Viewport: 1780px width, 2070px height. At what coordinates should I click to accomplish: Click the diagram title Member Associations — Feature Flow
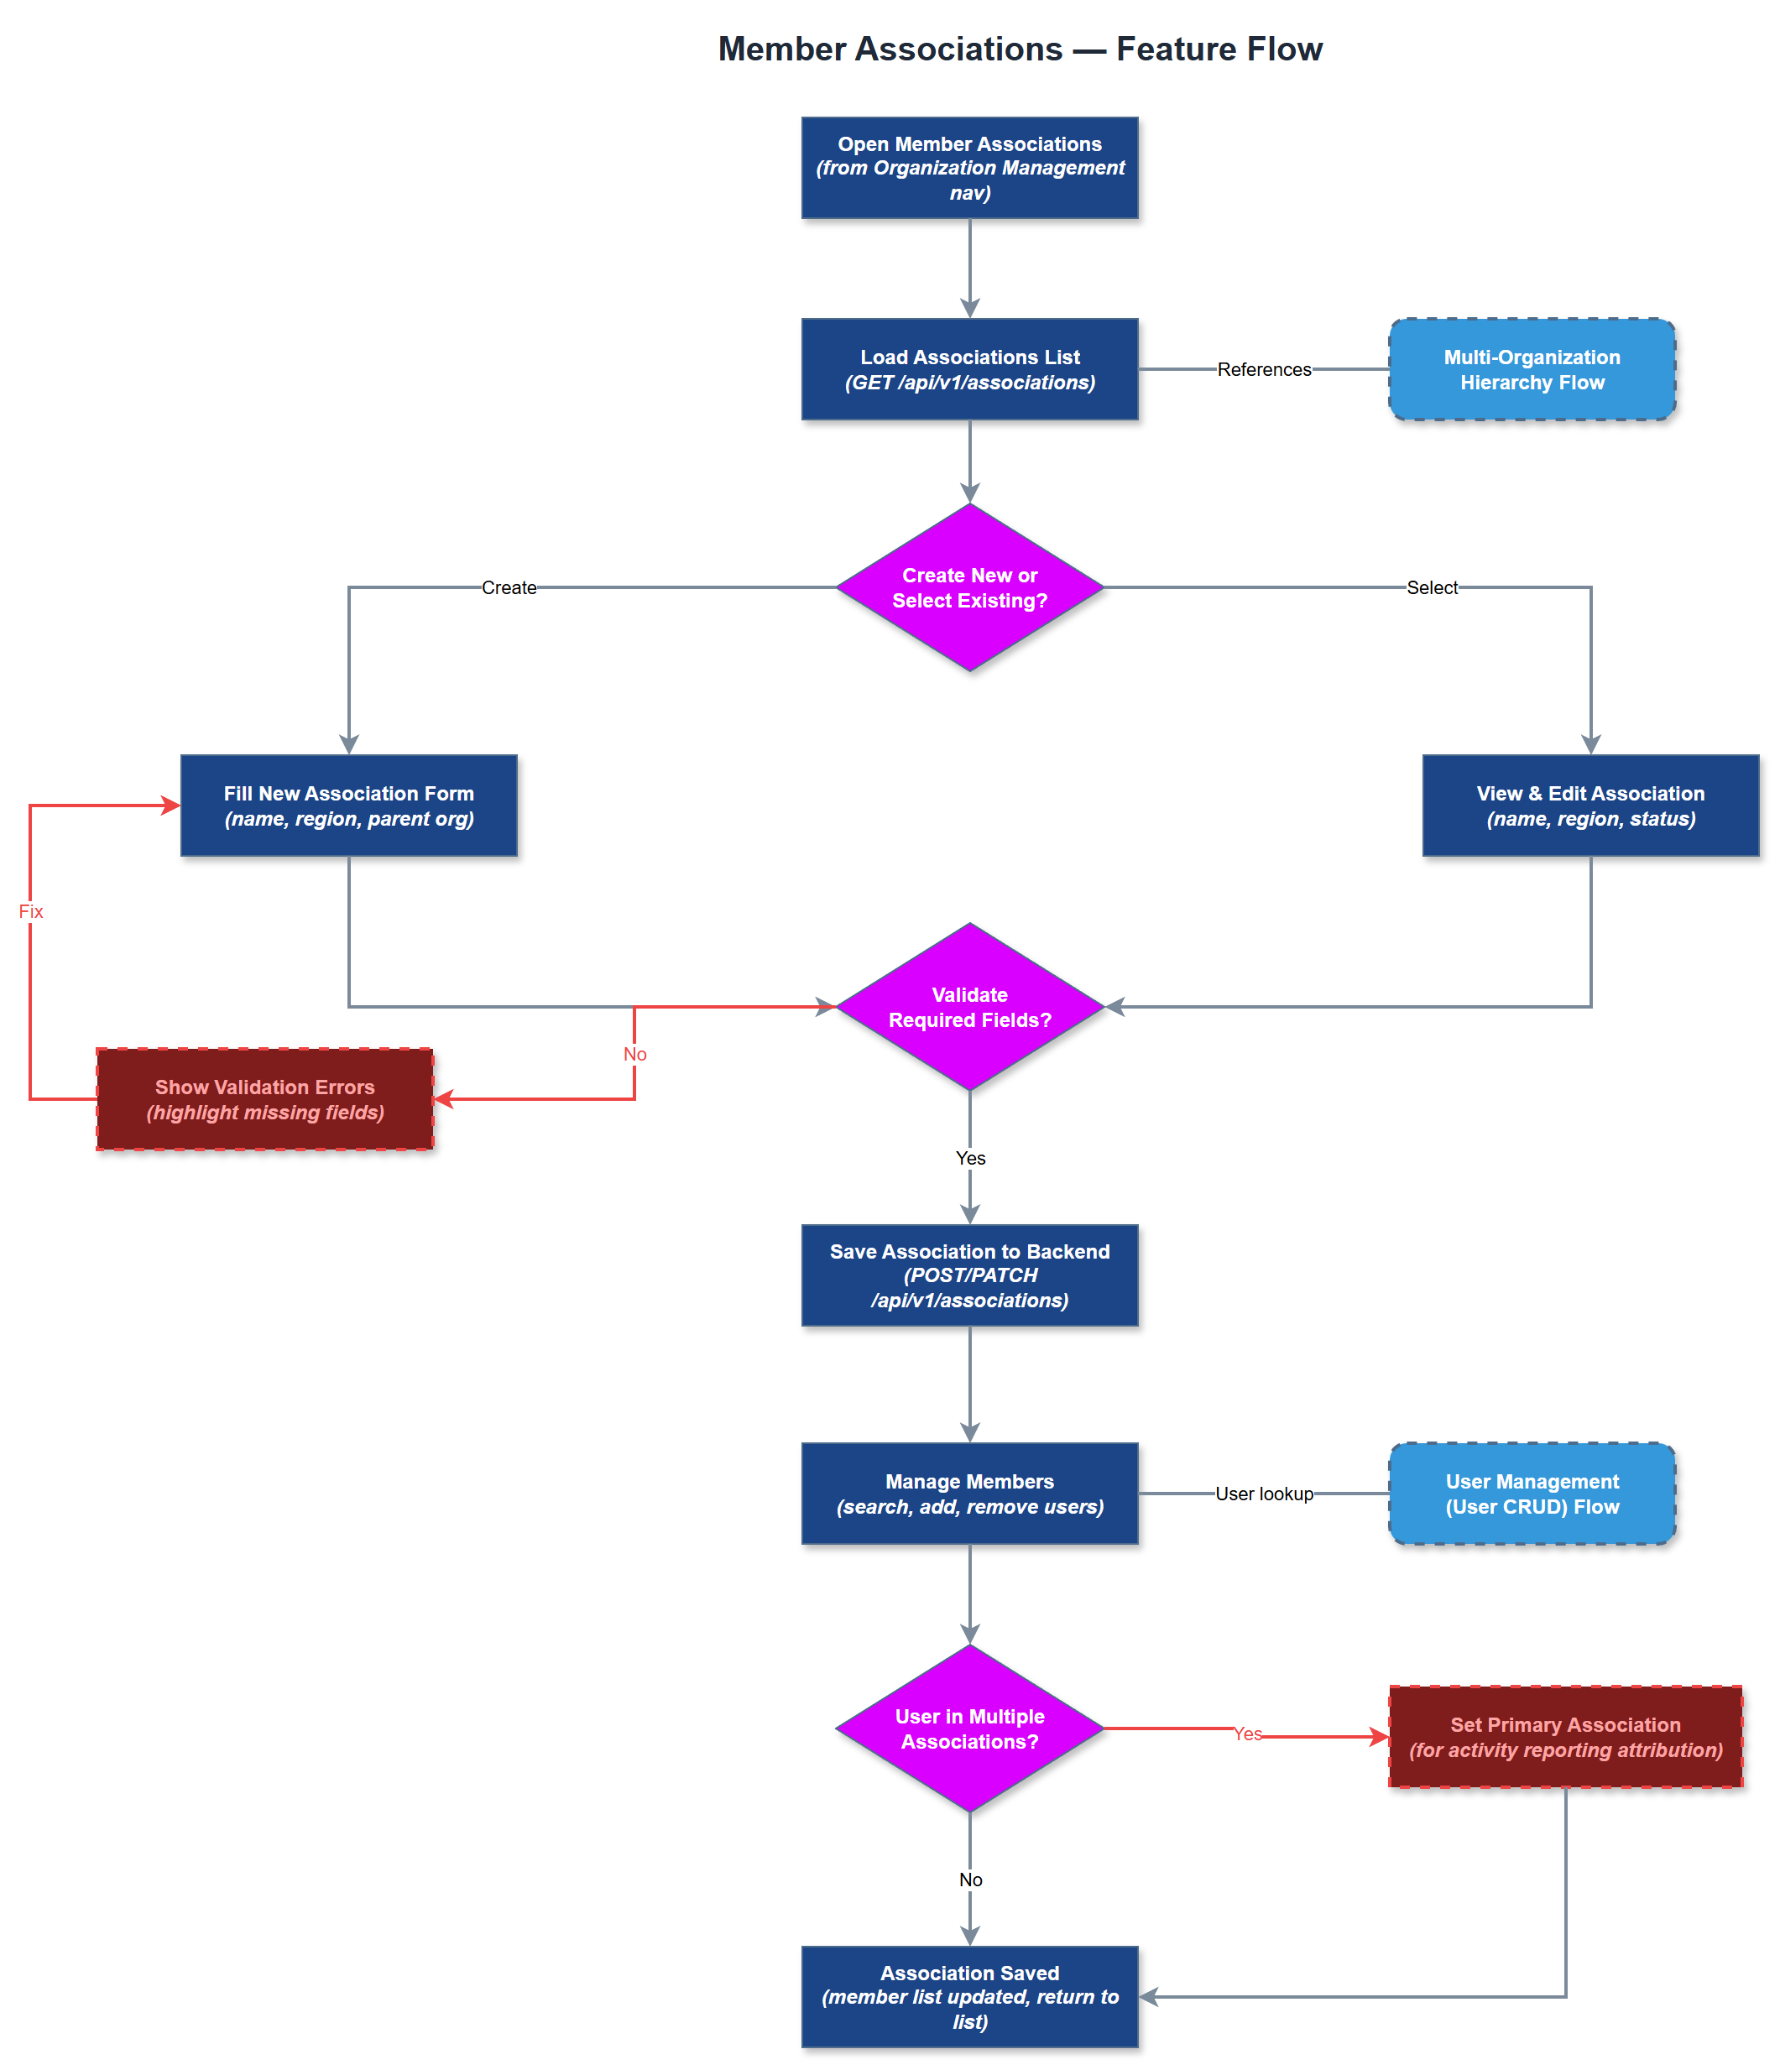point(1020,49)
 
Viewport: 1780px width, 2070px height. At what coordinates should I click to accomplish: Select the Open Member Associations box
point(969,168)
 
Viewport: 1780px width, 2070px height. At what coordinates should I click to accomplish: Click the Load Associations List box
point(969,370)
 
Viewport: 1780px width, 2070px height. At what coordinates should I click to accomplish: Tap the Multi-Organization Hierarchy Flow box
point(1531,370)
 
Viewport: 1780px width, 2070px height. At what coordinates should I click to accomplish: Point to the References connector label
point(1263,370)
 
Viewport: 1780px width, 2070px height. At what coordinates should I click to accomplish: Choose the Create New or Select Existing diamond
point(969,587)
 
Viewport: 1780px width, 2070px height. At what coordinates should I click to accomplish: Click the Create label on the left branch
point(509,587)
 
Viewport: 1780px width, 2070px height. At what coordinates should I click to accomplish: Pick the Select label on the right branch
point(1431,587)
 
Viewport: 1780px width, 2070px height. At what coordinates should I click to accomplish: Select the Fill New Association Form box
point(349,806)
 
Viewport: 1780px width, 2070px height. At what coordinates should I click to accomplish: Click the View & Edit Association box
point(1590,806)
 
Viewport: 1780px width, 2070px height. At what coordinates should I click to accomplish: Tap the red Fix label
point(31,911)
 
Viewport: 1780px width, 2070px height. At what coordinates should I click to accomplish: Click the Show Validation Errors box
point(265,1099)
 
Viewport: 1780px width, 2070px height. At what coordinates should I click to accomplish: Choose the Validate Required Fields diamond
point(969,1007)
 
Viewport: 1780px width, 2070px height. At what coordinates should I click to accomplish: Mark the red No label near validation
point(634,1054)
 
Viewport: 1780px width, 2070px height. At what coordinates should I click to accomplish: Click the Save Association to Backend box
point(969,1275)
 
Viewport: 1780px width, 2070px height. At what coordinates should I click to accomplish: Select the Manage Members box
point(969,1494)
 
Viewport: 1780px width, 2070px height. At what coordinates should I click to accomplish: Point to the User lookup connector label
point(1263,1494)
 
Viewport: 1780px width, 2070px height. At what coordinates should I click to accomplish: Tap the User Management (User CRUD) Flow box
point(1531,1494)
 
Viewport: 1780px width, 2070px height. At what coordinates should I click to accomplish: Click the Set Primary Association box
point(1565,1736)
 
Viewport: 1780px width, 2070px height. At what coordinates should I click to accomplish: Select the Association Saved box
point(969,1996)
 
